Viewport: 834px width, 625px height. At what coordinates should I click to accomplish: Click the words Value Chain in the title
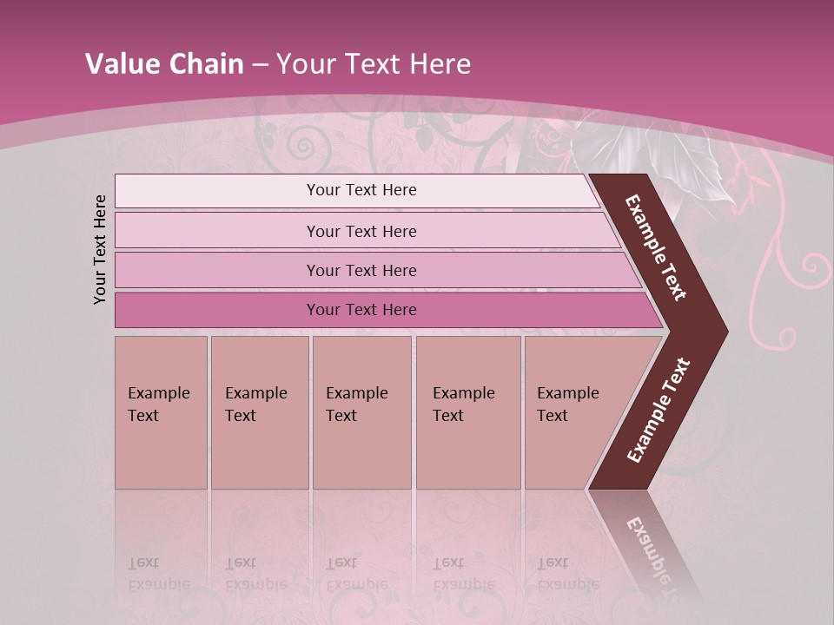(x=164, y=64)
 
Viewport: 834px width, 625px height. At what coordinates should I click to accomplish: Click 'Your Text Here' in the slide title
(x=374, y=64)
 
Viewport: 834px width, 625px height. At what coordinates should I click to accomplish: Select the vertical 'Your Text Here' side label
(x=101, y=249)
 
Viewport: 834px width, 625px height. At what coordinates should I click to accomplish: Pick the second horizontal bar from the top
(x=361, y=231)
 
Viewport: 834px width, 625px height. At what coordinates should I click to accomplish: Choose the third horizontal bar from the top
(x=361, y=271)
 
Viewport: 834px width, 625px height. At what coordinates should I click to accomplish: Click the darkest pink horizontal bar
(x=361, y=310)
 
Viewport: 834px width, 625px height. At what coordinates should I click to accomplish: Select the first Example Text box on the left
(x=161, y=411)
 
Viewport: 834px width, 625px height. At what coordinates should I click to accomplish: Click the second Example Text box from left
(x=259, y=411)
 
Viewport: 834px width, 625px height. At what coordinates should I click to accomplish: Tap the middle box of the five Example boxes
(x=361, y=411)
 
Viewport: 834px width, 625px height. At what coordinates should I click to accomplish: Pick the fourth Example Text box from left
(x=467, y=411)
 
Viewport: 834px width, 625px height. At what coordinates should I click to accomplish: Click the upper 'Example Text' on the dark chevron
(x=657, y=247)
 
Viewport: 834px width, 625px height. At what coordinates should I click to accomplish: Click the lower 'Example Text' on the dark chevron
(x=659, y=410)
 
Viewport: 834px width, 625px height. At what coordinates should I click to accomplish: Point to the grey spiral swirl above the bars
(x=303, y=146)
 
